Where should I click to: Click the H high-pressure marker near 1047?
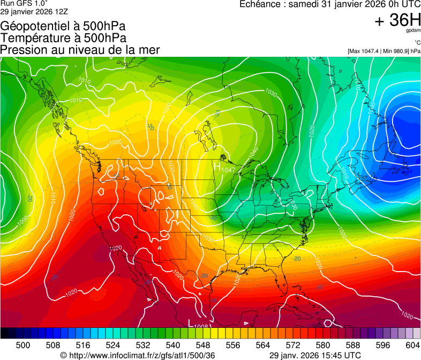[217, 167]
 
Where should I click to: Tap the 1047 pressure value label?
[229, 170]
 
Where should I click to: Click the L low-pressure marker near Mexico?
[190, 322]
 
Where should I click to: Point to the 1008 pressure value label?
[201, 326]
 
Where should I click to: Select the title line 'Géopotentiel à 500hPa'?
[64, 26]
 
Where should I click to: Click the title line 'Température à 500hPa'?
[63, 38]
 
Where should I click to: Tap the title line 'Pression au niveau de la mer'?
[80, 50]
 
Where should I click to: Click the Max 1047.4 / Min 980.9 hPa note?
[384, 51]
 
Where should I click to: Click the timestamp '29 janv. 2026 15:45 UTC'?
[314, 355]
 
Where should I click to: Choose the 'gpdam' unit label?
[412, 31]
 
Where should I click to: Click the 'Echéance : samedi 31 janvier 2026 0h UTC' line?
[329, 4]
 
